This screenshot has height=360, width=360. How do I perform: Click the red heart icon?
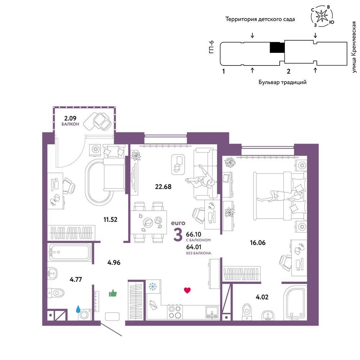click(x=187, y=291)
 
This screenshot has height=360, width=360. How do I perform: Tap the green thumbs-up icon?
click(x=113, y=293)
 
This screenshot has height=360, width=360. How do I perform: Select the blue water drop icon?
click(x=78, y=309)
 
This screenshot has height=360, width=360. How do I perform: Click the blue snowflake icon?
click(x=152, y=287)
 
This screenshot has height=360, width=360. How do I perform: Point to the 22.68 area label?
click(x=163, y=186)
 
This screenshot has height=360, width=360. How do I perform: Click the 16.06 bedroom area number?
click(x=258, y=243)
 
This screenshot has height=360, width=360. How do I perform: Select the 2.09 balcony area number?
click(x=70, y=118)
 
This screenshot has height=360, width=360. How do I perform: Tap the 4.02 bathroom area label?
click(x=262, y=297)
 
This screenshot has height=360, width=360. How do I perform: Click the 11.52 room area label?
click(x=111, y=220)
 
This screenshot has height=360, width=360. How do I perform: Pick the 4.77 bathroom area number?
click(x=76, y=279)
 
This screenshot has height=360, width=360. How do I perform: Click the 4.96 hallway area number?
click(x=114, y=262)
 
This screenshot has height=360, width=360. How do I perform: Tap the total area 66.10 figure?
click(x=194, y=234)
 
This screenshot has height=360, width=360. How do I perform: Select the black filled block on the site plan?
click(x=277, y=48)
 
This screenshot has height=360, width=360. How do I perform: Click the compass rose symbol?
click(x=322, y=15)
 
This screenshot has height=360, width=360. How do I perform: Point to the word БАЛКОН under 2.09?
click(x=70, y=124)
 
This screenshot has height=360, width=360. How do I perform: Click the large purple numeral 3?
click(x=178, y=235)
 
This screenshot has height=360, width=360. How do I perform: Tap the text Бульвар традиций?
click(x=282, y=82)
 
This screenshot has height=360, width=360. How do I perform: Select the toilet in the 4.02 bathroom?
click(x=247, y=311)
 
